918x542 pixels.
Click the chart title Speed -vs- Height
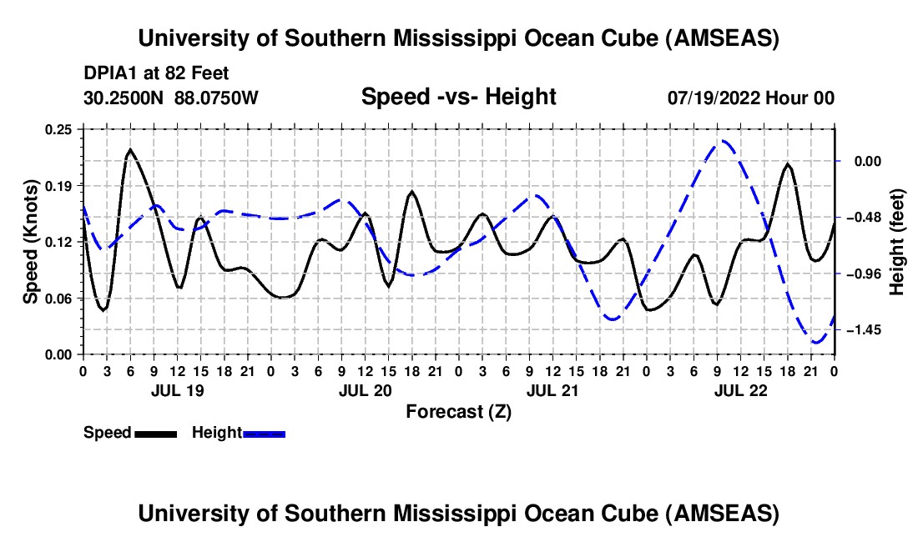point(458,98)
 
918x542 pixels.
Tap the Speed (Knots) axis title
point(32,241)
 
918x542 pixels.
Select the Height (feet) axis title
point(898,241)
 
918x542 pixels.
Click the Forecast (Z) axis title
point(458,411)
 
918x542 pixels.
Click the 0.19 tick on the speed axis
point(59,185)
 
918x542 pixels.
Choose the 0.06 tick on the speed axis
point(59,298)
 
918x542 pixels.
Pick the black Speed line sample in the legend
point(155,434)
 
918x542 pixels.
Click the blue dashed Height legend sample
point(264,434)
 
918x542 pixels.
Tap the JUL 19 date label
point(177,390)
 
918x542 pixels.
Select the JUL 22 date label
point(740,390)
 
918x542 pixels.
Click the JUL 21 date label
point(552,390)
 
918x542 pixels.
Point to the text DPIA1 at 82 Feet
point(156,73)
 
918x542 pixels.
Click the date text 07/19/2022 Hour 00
point(750,98)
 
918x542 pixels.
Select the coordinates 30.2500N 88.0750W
point(171,98)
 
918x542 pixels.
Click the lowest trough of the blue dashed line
point(816,342)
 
